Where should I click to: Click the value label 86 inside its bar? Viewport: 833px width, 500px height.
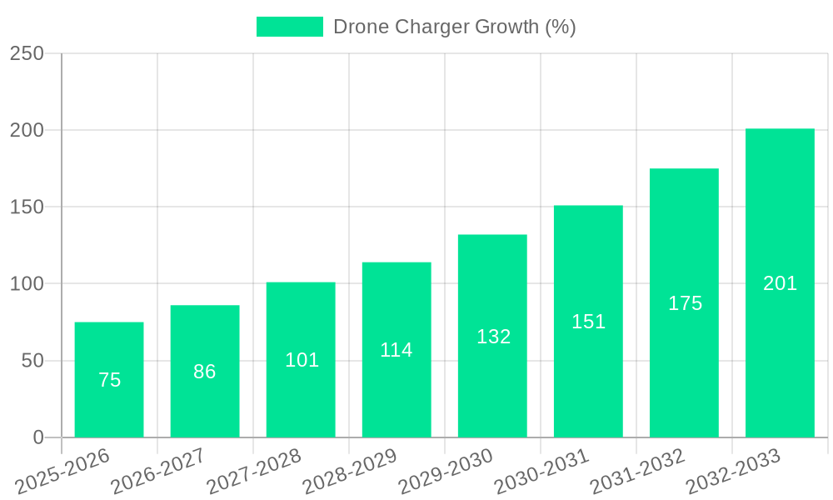205,372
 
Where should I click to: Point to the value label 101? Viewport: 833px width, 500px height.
302,360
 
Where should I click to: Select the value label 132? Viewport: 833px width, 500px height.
493,337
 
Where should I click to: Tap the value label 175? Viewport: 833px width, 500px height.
685,303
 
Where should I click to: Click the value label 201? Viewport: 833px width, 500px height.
781,283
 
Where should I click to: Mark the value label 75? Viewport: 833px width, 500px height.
110,380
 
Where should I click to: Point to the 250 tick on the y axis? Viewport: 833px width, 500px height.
27,53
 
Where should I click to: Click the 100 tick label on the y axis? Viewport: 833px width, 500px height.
27,284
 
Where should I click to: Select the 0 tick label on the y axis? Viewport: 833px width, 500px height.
38,437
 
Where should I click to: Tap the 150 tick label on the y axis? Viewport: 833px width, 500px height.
27,207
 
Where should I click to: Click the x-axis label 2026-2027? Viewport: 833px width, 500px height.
158,471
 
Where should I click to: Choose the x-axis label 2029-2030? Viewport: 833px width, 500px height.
446,471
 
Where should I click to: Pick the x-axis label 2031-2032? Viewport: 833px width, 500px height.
637,471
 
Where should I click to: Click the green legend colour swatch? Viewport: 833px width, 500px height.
289,27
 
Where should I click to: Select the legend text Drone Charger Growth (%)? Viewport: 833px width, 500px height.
454,27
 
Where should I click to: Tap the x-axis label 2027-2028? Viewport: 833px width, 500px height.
254,471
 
